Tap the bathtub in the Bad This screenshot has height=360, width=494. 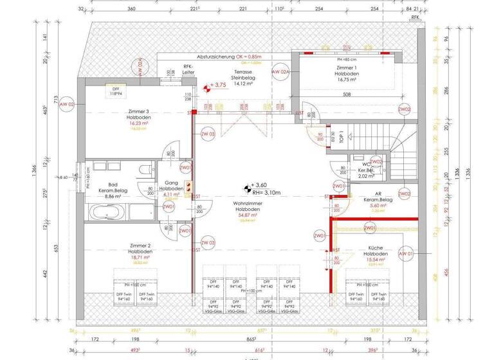click(106, 212)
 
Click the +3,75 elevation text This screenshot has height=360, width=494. click(219, 85)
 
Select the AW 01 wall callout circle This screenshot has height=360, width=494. click(407, 255)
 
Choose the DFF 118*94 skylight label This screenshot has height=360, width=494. click(116, 91)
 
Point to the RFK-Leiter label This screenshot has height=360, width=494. click(188, 69)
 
